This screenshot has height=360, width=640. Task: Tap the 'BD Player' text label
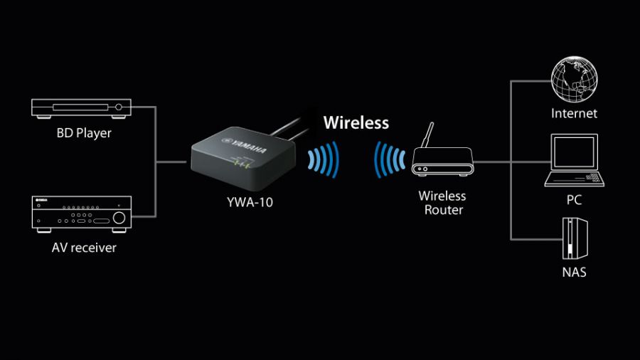[85, 133]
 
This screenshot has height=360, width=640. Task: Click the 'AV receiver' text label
[84, 248]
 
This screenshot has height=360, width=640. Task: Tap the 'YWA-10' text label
[245, 202]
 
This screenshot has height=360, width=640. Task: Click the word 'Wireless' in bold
[356, 122]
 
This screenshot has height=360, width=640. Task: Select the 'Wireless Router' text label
[442, 203]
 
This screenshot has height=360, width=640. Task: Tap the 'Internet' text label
[574, 113]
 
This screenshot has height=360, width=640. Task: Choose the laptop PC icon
[575, 162]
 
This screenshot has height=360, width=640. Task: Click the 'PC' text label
[574, 200]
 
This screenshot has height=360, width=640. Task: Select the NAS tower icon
[574, 236]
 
